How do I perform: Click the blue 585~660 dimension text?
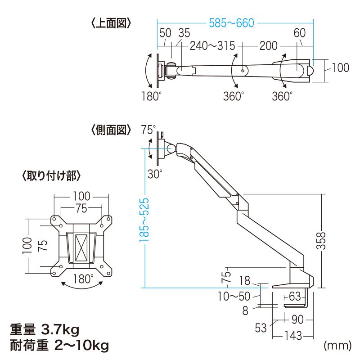click(x=232, y=22)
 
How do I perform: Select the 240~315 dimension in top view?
click(x=213, y=45)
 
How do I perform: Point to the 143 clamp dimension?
click(x=292, y=335)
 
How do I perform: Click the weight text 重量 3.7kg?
click(x=45, y=330)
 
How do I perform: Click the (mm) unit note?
click(x=337, y=346)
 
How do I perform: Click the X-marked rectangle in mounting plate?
click(x=81, y=247)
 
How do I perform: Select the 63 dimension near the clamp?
click(x=295, y=296)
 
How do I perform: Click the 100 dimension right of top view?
click(x=341, y=68)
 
